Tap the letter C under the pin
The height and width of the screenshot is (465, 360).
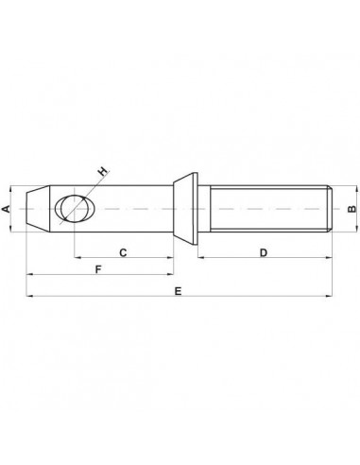pos(123,253)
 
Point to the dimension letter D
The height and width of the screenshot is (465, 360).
pos(265,253)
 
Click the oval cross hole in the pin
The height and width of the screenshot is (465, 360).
pos(71,207)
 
